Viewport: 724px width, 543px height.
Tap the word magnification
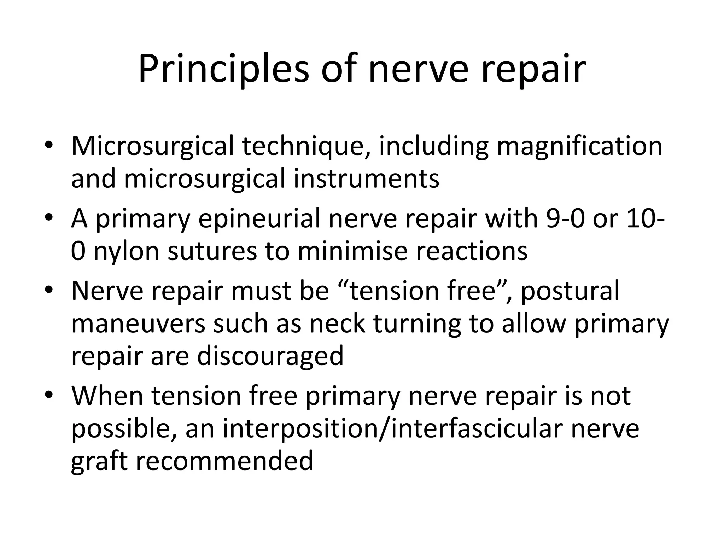pos(579,146)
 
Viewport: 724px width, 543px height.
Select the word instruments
pos(367,179)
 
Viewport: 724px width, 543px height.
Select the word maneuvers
pos(138,323)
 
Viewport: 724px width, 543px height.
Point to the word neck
pos(337,323)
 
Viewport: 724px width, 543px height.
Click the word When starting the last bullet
pos(108,396)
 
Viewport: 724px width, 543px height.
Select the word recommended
pos(224,461)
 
